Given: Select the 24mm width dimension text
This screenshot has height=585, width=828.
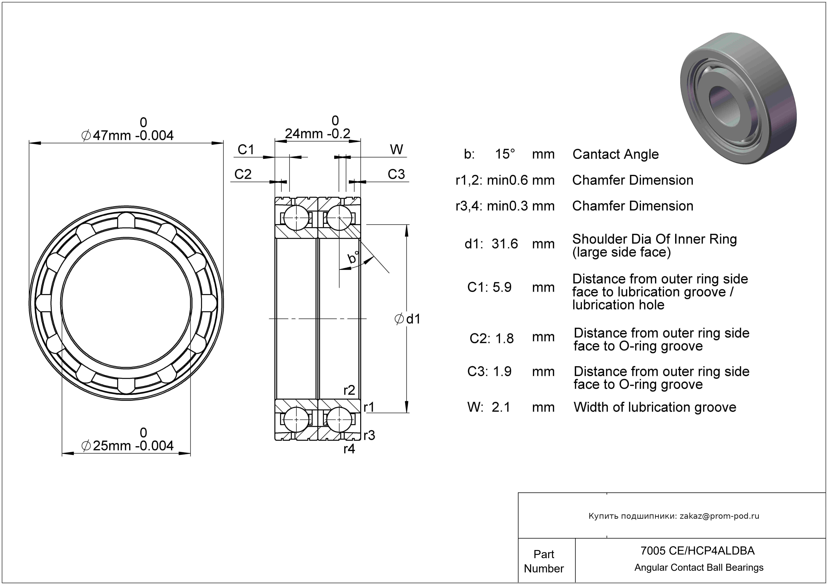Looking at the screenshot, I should pos(317,134).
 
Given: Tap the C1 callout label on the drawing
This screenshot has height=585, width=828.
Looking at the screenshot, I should pos(246,150).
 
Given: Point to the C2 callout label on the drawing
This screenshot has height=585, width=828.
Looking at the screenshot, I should pos(243,174).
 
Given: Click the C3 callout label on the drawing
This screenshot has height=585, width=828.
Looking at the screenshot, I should pos(396,174).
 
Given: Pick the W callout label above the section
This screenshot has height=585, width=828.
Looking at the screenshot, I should pos(396,150).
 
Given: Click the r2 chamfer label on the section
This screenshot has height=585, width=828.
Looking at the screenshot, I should pos(349,390).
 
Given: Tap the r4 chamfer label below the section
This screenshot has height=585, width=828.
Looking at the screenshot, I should pos(349,449).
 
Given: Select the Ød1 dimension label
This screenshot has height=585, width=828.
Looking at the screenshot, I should pos(408,319).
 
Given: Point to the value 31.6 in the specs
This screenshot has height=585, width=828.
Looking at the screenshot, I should pos(505,244).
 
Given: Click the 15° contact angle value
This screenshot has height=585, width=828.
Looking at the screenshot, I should pos(505,154).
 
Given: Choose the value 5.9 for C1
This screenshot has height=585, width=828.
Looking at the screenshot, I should pos(502,287).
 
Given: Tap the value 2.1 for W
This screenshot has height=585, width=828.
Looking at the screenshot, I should pos(501,407).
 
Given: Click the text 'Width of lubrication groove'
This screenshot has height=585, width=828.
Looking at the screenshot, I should pos(655,407).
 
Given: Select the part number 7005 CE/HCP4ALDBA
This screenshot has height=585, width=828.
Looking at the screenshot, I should pos(697,551).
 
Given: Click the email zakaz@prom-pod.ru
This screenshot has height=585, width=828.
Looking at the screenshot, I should pos(719,516).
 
